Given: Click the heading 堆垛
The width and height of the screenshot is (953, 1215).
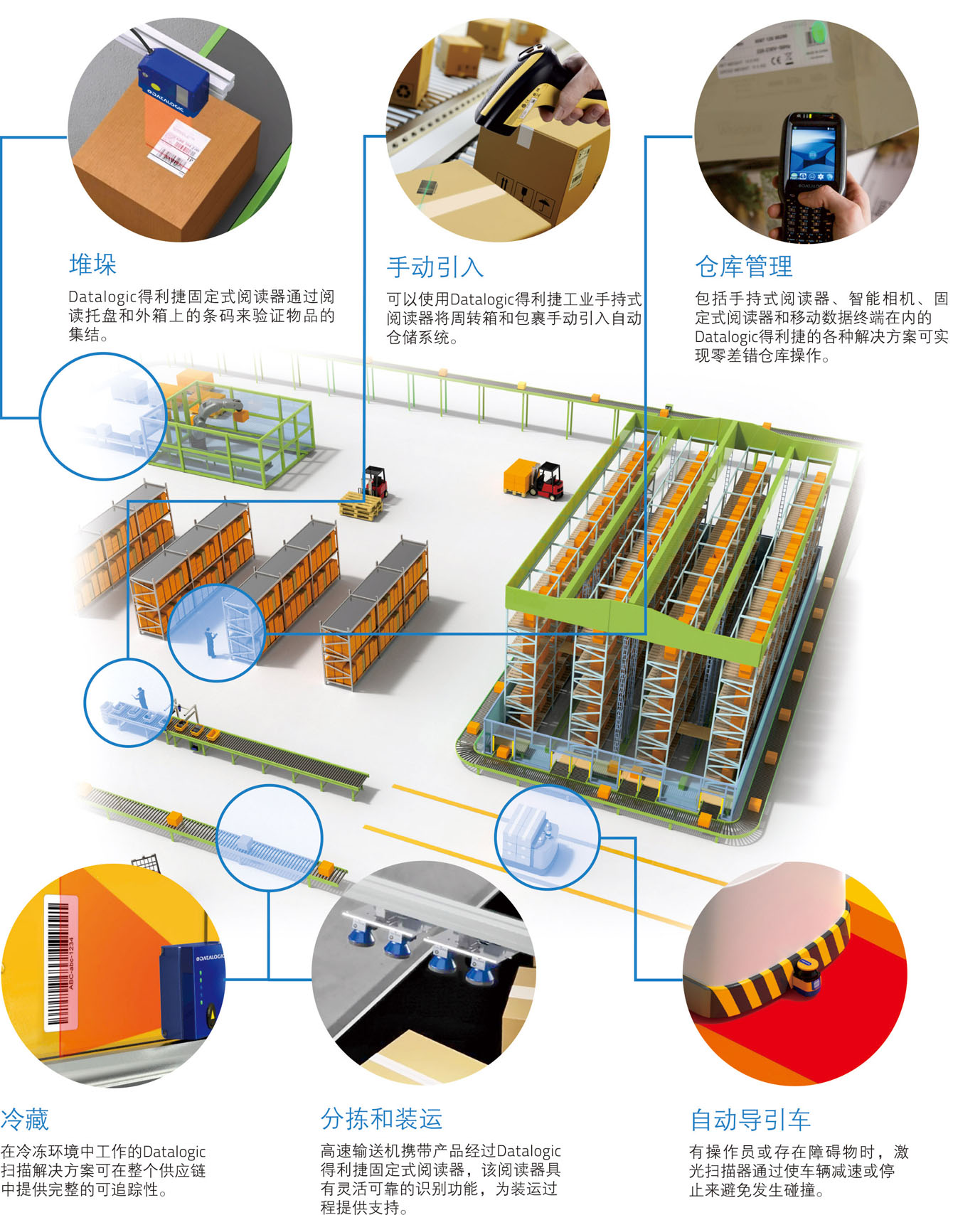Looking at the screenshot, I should (92, 264).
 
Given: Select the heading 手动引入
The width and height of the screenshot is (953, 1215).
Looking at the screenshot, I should (435, 267).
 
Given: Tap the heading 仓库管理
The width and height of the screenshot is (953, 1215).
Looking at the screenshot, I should (743, 267).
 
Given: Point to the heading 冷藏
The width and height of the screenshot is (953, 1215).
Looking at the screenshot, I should (25, 1119).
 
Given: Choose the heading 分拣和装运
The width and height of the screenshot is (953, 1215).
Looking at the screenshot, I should (381, 1118).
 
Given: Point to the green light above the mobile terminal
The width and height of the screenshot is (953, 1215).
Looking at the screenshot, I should (818, 31).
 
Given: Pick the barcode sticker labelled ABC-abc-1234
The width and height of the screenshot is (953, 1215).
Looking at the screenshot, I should (60, 960).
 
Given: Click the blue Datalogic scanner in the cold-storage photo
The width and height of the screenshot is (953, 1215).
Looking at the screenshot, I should (192, 992).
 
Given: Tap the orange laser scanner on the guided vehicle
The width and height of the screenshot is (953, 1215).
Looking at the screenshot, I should (808, 980).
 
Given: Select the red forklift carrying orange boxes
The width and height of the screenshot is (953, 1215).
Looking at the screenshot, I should (537, 480).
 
